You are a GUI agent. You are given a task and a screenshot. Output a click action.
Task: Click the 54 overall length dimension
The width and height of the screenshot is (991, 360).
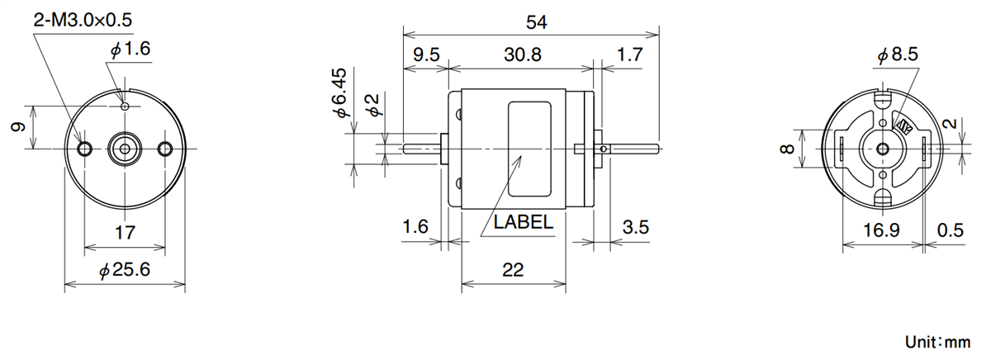click(x=536, y=23)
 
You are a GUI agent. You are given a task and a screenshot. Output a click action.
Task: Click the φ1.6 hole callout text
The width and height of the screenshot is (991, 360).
click(x=130, y=50)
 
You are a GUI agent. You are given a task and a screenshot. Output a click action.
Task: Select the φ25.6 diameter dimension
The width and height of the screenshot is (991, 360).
click(x=125, y=270)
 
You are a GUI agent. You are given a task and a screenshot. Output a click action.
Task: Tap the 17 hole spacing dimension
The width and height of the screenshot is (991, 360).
click(x=124, y=233)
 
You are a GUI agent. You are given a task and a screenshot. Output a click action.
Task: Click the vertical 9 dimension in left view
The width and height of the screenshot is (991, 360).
click(x=15, y=127)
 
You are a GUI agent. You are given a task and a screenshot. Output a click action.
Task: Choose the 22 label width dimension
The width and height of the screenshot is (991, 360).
click(x=512, y=270)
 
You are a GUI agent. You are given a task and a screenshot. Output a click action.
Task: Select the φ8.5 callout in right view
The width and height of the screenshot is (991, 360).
click(x=897, y=55)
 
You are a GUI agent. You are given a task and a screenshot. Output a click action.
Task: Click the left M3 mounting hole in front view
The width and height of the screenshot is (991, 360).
click(x=85, y=149)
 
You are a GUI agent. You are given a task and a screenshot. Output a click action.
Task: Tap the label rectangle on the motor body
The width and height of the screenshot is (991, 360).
click(x=530, y=149)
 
